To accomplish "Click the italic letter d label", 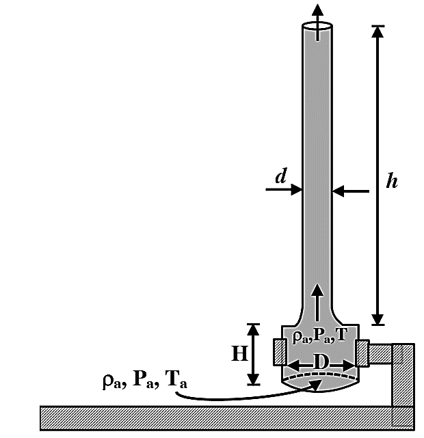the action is click(x=281, y=176).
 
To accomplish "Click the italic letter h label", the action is click(x=392, y=180).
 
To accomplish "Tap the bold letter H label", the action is click(x=239, y=353).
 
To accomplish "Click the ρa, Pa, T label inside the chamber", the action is click(x=320, y=335).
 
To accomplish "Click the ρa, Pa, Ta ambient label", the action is click(x=145, y=380).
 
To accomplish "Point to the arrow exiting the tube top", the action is click(x=317, y=23).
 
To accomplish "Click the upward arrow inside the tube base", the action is click(x=317, y=303).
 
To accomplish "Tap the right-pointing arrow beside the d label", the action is click(x=284, y=189).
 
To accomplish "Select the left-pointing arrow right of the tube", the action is click(x=351, y=191).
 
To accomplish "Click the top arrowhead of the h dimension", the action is click(x=377, y=31).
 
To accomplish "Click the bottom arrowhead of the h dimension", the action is click(x=377, y=319).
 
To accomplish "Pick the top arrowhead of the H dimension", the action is click(x=253, y=329).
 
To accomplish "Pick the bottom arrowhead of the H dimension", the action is click(x=253, y=379).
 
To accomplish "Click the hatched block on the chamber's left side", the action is click(x=280, y=352).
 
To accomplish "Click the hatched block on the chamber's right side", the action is click(x=362, y=353).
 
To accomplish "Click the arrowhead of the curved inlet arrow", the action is click(x=316, y=385).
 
